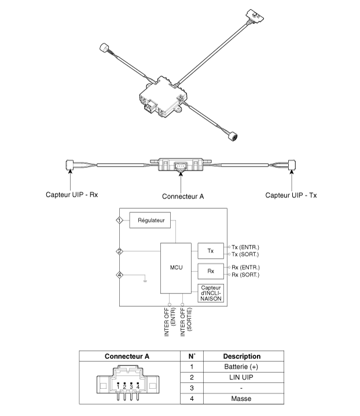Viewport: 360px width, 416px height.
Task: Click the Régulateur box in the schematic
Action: tap(150, 220)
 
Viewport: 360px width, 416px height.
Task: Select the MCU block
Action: tap(176, 268)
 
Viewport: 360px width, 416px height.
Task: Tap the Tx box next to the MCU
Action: tap(211, 251)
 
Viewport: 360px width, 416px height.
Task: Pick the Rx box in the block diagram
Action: tap(211, 271)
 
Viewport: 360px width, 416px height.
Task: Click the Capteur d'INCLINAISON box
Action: tap(211, 293)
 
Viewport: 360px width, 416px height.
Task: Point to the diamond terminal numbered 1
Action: tap(119, 220)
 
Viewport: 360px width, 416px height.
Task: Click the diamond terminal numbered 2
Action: tap(119, 251)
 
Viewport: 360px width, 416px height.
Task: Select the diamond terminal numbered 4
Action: tap(119, 275)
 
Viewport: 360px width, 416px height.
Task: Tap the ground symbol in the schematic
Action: tap(145, 281)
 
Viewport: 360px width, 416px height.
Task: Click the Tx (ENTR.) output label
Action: tap(245, 247)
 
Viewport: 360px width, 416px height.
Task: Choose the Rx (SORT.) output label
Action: tap(245, 275)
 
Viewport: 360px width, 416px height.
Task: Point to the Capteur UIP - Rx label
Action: tap(72, 195)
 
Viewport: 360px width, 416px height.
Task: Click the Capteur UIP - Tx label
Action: tap(291, 195)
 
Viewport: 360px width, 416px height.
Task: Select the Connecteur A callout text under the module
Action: tap(183, 197)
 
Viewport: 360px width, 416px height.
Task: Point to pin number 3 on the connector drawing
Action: tap(131, 387)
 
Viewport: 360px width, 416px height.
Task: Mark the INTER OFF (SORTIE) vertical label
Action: tap(186, 321)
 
